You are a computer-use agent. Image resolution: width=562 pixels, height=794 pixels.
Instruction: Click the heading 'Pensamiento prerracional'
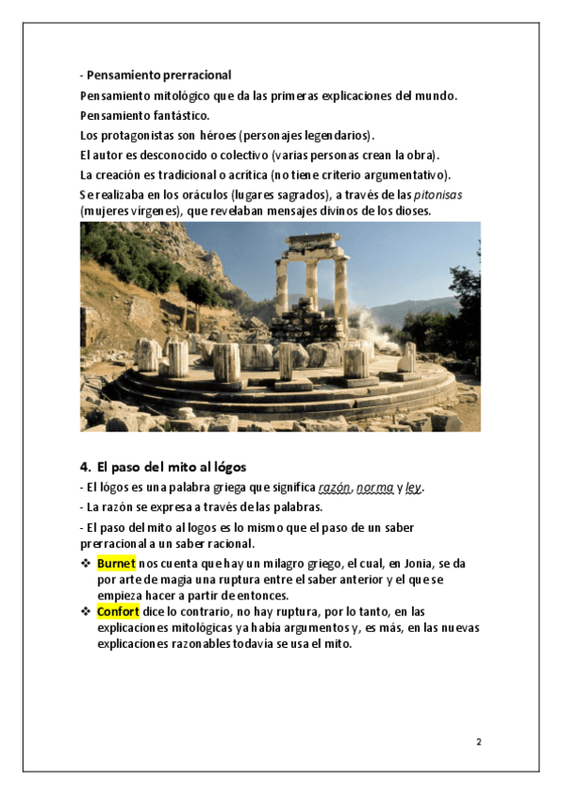coord(159,74)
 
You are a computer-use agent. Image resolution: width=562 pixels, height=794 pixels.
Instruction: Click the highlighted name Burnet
coord(116,563)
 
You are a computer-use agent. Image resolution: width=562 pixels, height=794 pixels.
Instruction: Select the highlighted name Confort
coord(118,610)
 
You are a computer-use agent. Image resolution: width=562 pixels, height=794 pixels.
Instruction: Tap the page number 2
coord(479,743)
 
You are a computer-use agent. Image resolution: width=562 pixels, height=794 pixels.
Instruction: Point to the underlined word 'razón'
coord(334,488)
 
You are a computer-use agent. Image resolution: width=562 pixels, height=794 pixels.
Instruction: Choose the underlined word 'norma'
coord(375,488)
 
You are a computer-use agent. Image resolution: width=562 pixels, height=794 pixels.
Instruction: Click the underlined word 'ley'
coord(414,488)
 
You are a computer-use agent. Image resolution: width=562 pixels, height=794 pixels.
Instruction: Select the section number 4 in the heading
coord(83,465)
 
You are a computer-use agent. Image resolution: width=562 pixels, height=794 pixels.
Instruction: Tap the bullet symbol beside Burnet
coord(85,563)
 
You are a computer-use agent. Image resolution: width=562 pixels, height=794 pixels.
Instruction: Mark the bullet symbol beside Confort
coord(85,610)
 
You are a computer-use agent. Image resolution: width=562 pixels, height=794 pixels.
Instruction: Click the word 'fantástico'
coord(179,114)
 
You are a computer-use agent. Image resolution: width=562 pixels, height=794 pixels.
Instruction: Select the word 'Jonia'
coord(409,564)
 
